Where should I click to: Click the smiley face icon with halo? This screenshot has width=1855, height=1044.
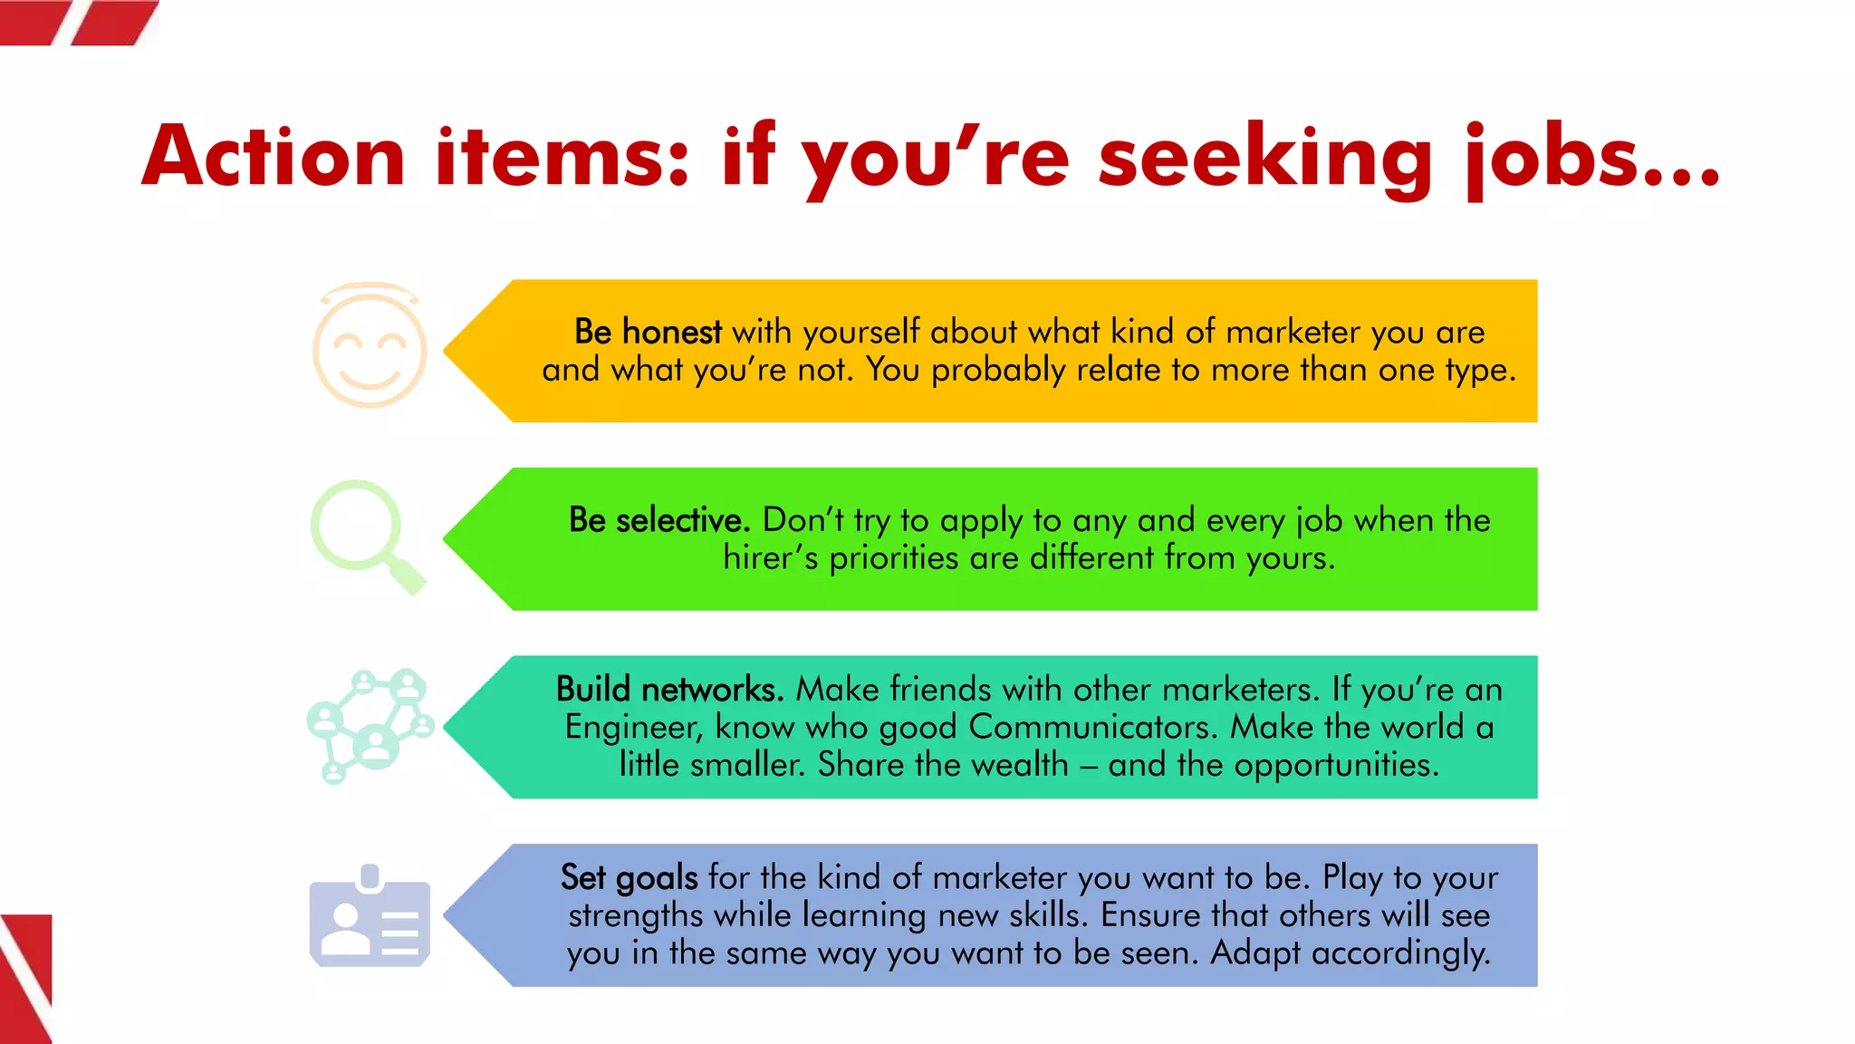[x=370, y=346]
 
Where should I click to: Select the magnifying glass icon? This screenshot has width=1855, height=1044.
[x=367, y=536]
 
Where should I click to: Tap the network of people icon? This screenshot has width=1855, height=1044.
[x=370, y=725]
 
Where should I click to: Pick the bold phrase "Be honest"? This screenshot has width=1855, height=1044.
[x=648, y=332]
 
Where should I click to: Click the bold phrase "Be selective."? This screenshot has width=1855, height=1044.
[x=659, y=520]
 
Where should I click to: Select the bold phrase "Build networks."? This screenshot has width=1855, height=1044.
[x=669, y=690]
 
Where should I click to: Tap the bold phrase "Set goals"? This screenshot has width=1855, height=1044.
[x=629, y=877]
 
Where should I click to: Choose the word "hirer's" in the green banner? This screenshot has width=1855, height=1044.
[x=770, y=557]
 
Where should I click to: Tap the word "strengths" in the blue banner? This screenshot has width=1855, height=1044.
[x=635, y=915]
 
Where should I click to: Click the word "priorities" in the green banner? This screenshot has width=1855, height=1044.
[x=893, y=557]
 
